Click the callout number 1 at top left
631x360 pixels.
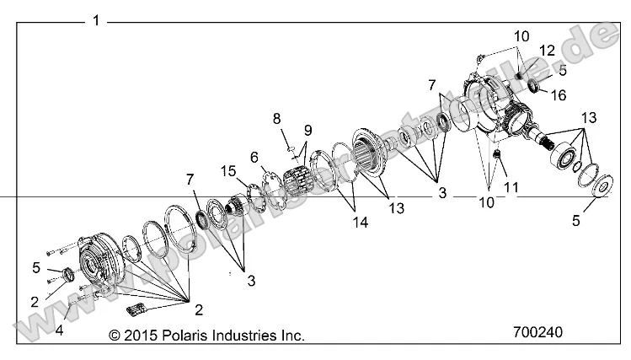pos(96,20)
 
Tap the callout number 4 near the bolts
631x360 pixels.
pos(59,330)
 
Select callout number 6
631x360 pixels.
pos(254,156)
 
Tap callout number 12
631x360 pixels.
pos(548,51)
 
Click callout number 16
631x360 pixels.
pos(559,94)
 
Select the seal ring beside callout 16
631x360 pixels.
pos(534,84)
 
